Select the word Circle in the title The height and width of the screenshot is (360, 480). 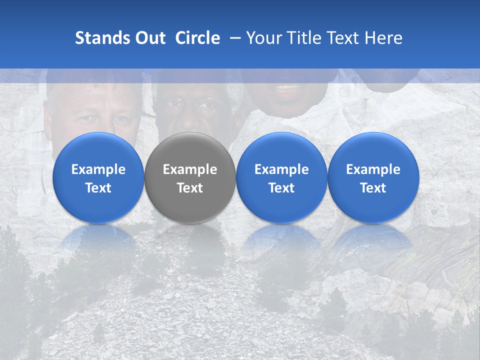pyautogui.click(x=197, y=38)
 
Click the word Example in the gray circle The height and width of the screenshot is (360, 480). pyautogui.click(x=190, y=169)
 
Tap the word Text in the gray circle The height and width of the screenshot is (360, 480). pyautogui.click(x=190, y=188)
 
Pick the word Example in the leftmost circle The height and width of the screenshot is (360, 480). pyautogui.click(x=98, y=169)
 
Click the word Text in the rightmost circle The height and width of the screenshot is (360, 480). pyautogui.click(x=373, y=188)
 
